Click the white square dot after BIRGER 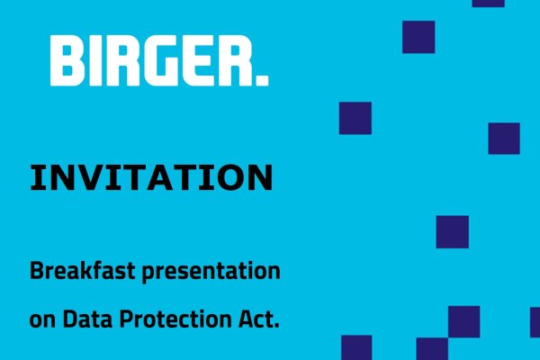[262, 80]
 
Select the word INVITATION [151, 178]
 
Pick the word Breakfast [82, 270]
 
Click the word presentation [211, 272]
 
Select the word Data [87, 319]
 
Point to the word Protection [176, 319]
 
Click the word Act [256, 319]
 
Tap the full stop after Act [276, 326]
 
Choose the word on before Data [42, 321]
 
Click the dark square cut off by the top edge [489, 4]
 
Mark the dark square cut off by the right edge [535, 322]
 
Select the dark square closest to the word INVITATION [355, 118]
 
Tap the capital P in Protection [126, 319]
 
